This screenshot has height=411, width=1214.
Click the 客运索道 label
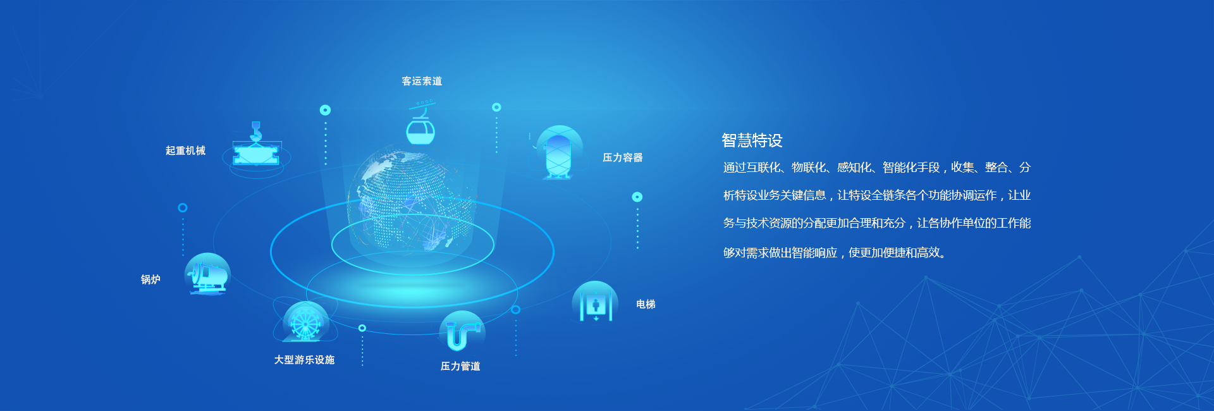click(x=422, y=81)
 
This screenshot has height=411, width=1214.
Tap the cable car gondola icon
click(x=420, y=125)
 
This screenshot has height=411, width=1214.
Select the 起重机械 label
click(x=185, y=150)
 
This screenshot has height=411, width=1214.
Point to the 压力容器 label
click(x=622, y=157)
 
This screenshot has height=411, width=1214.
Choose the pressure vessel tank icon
click(x=558, y=153)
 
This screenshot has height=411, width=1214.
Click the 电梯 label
click(x=646, y=304)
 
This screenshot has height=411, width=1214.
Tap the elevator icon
click(x=595, y=302)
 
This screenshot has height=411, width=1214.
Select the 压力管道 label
click(x=460, y=366)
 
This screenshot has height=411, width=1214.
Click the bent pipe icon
click(x=462, y=331)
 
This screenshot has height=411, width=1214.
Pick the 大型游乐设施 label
click(x=304, y=360)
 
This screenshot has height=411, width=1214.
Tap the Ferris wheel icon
click(x=305, y=322)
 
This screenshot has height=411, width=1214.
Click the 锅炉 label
click(x=150, y=279)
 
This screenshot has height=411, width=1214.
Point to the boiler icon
click(x=207, y=274)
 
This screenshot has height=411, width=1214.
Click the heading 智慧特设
click(x=752, y=140)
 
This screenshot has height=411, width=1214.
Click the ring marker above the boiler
click(x=183, y=207)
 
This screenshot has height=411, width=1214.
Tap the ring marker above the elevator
click(x=637, y=197)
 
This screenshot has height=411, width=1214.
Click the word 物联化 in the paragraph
click(x=809, y=168)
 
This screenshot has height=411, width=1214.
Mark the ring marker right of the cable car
click(x=496, y=107)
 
